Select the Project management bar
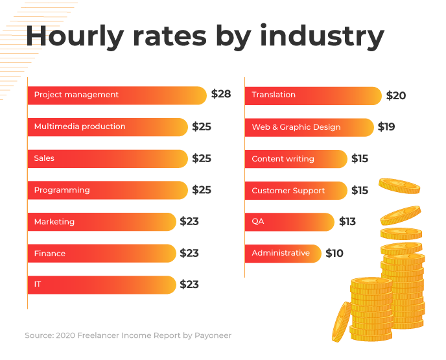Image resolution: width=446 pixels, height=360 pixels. (117, 95)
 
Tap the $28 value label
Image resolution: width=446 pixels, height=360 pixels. (221, 94)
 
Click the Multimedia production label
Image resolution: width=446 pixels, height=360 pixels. (80, 126)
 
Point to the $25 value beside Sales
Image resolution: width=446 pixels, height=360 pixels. (202, 158)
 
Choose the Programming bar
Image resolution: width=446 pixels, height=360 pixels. (108, 190)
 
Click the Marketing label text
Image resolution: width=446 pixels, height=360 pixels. (54, 222)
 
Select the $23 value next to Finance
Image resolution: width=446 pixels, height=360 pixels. (189, 254)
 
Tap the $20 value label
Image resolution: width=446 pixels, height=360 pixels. (396, 95)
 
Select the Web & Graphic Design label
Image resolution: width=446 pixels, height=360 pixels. (296, 127)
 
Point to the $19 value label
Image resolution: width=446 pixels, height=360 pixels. (386, 127)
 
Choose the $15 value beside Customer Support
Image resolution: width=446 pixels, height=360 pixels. (360, 191)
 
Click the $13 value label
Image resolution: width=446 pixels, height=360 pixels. (347, 222)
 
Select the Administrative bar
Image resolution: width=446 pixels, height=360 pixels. (283, 253)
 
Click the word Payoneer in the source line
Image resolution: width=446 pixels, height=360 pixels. (211, 335)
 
